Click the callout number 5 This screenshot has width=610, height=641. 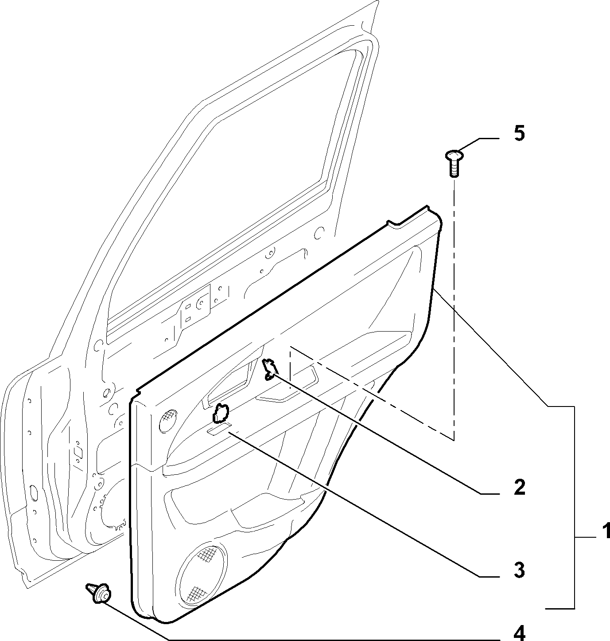point(520,134)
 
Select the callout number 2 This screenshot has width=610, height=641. point(520,487)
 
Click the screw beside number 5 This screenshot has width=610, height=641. point(455,163)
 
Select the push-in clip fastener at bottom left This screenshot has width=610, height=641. point(98,594)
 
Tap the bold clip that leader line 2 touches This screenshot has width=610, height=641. point(270,369)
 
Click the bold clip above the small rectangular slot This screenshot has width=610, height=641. point(220,413)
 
